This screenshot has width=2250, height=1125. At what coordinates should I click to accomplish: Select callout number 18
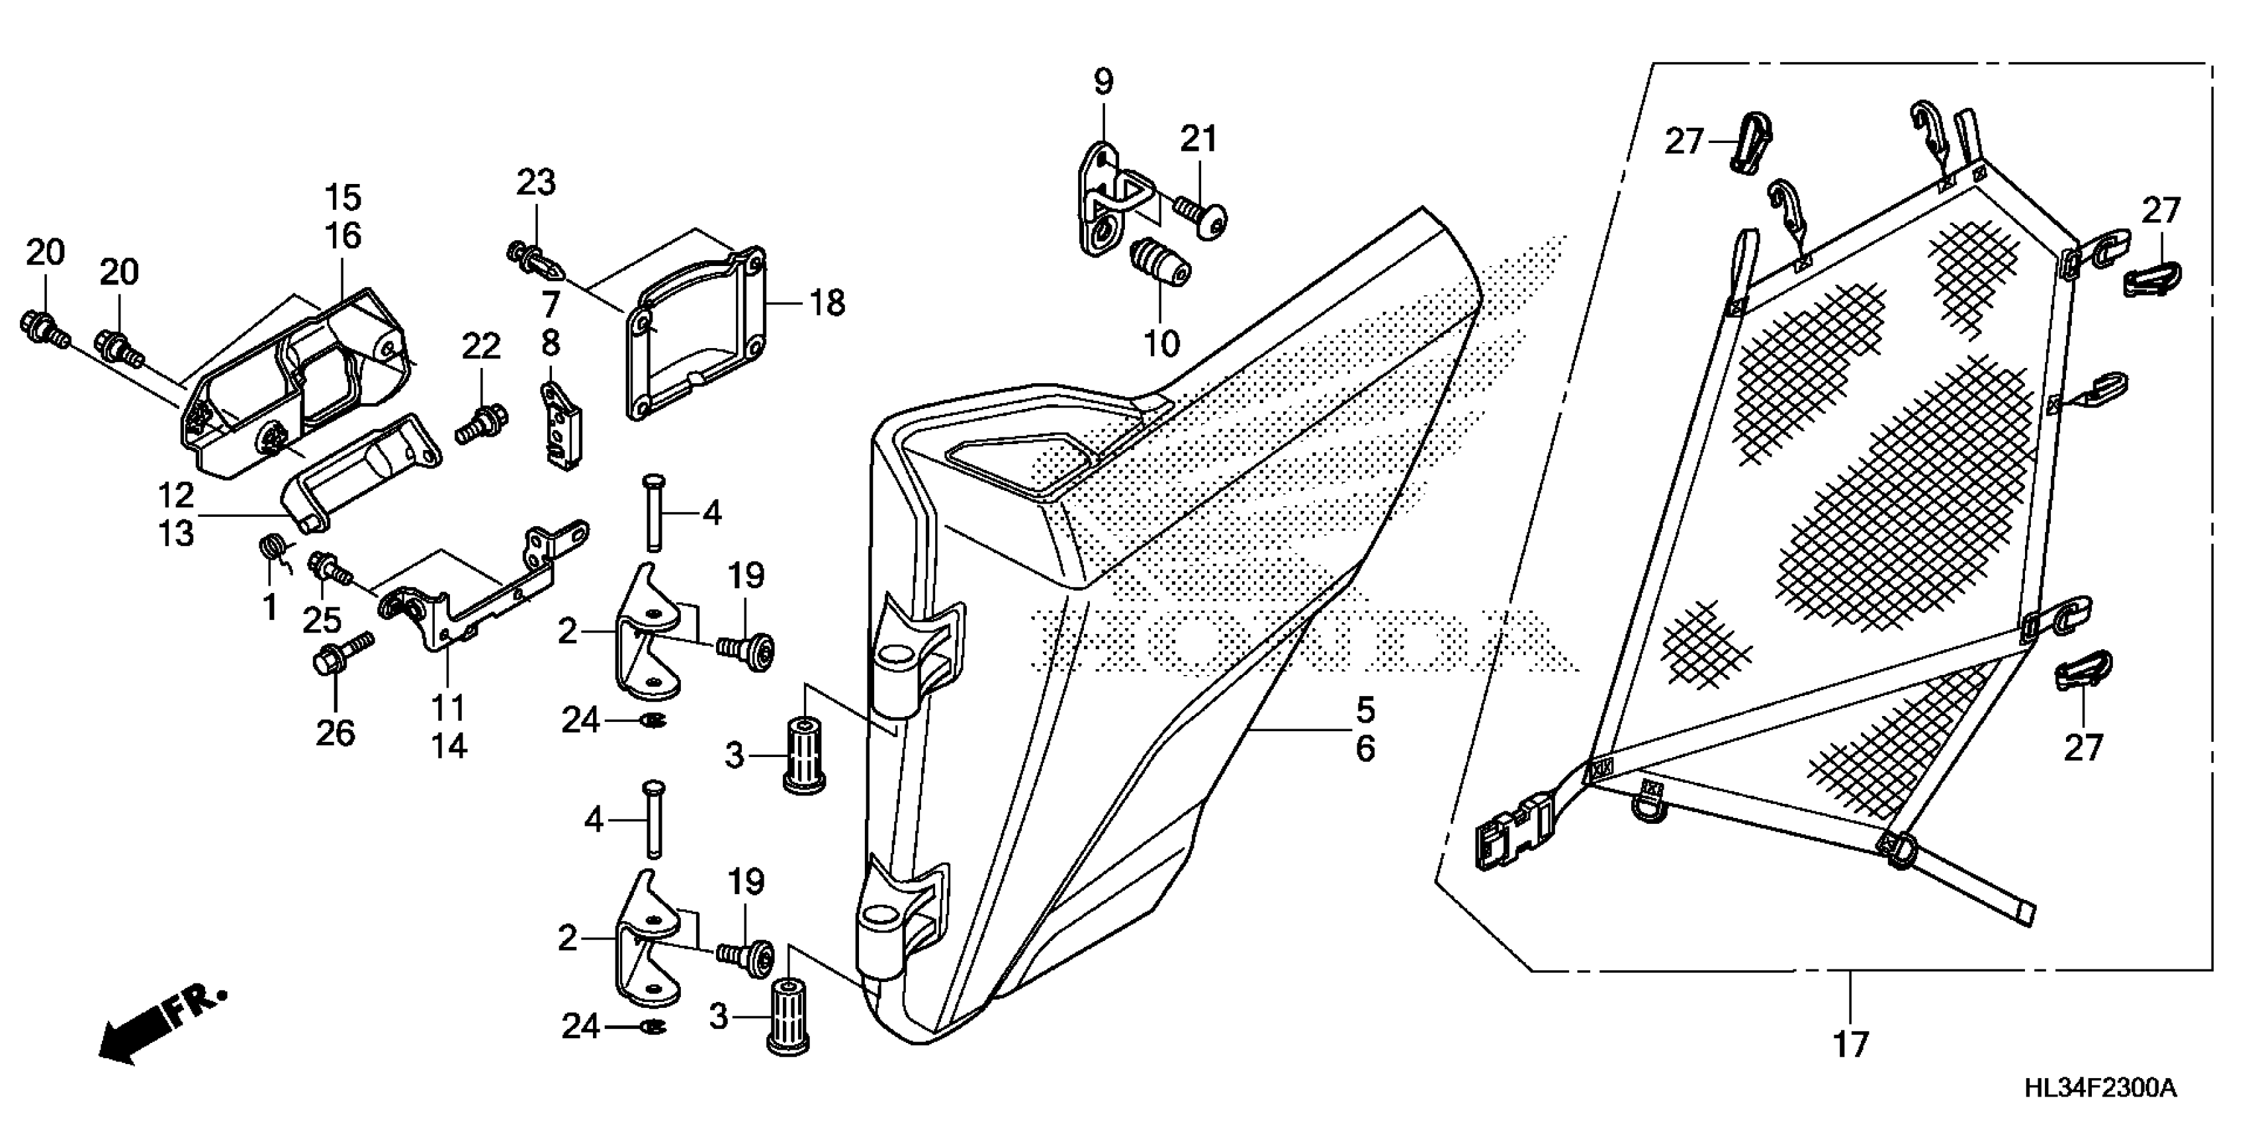click(x=827, y=303)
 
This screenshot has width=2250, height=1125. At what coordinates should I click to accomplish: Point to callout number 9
click(x=1103, y=82)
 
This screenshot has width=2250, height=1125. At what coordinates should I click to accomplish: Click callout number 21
click(x=1198, y=139)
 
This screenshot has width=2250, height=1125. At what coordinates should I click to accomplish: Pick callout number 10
click(x=1161, y=344)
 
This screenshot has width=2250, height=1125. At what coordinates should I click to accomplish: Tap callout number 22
click(x=480, y=347)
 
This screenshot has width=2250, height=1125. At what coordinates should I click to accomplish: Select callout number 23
click(x=535, y=183)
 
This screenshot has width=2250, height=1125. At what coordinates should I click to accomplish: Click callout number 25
click(x=322, y=619)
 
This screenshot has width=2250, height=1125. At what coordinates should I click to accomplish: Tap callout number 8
click(x=551, y=343)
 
